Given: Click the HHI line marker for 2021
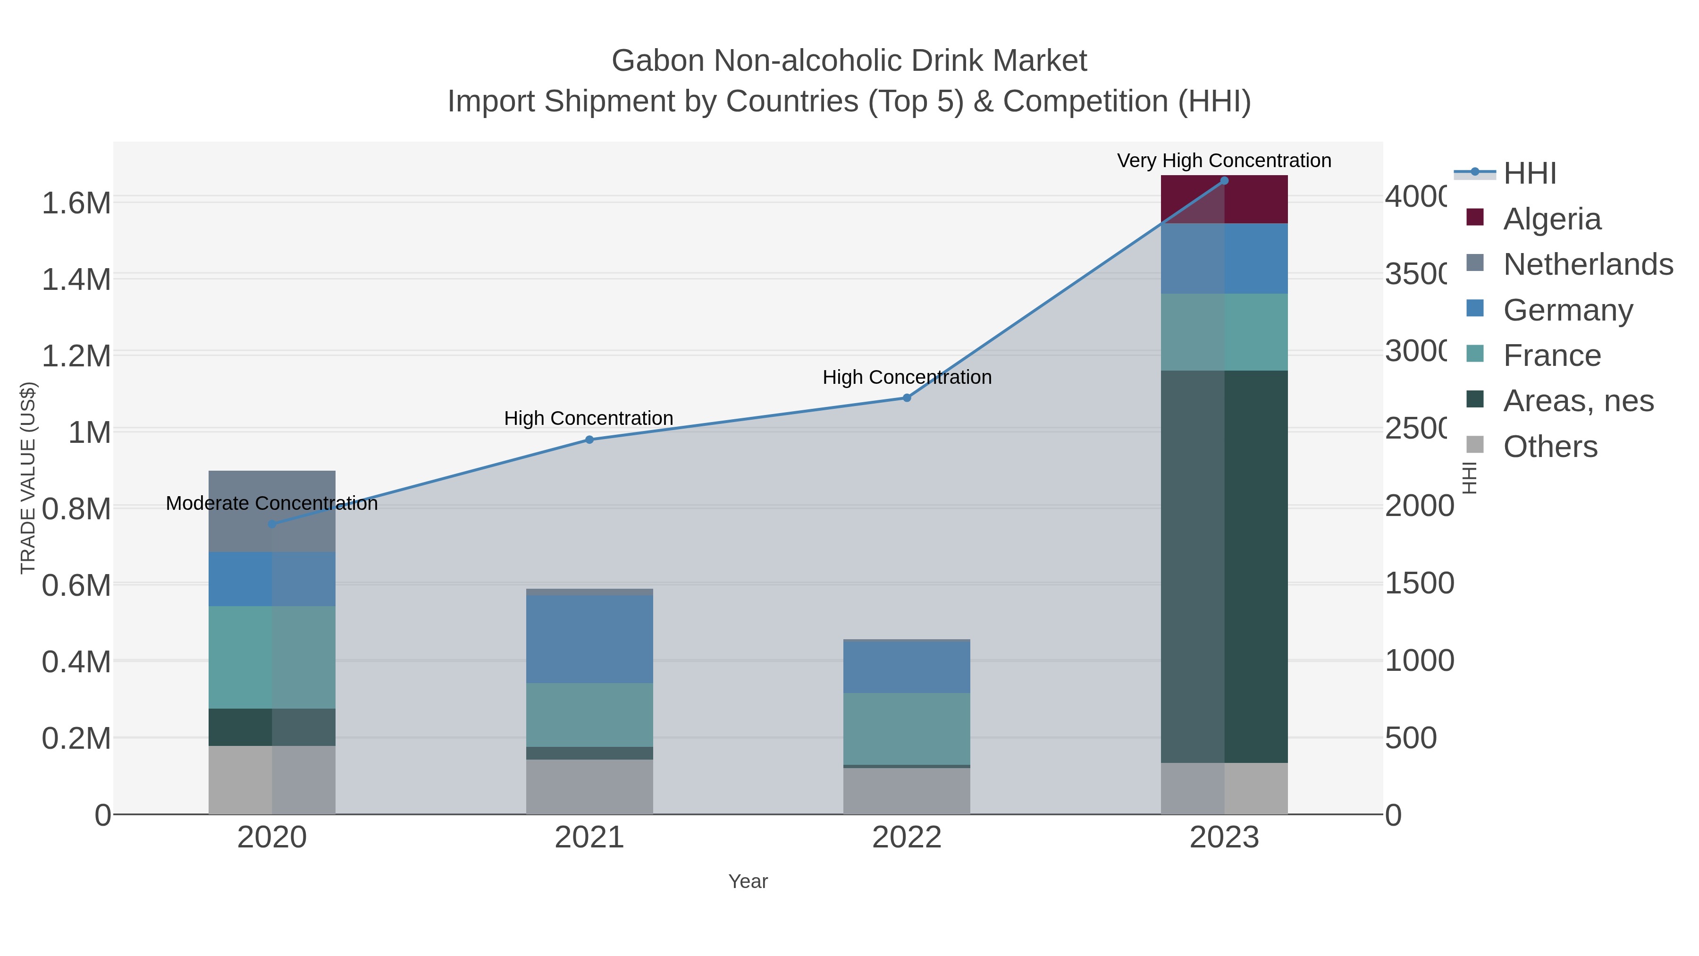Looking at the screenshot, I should coord(589,440).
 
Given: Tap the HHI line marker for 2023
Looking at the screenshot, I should coord(1224,181).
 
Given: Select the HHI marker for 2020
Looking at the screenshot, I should coord(272,525).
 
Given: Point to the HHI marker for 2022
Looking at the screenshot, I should coord(907,398).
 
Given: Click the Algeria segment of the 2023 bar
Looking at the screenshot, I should coord(1224,200).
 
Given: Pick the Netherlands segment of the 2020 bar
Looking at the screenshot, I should coord(272,511).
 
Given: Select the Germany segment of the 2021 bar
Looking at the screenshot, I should coord(589,639).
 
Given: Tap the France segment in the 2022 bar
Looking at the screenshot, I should coord(907,729).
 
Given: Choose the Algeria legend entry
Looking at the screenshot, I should coord(1552,219).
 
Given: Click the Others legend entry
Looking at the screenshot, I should coord(1550,447).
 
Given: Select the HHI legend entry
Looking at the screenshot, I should coord(1530,174).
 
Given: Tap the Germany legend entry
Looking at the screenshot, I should coord(1568,310).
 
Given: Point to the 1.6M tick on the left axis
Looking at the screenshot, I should coord(76,203).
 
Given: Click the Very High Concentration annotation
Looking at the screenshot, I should coord(1224,161).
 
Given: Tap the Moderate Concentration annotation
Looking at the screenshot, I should coord(272,503).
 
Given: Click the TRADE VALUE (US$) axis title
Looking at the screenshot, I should coord(28,478).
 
